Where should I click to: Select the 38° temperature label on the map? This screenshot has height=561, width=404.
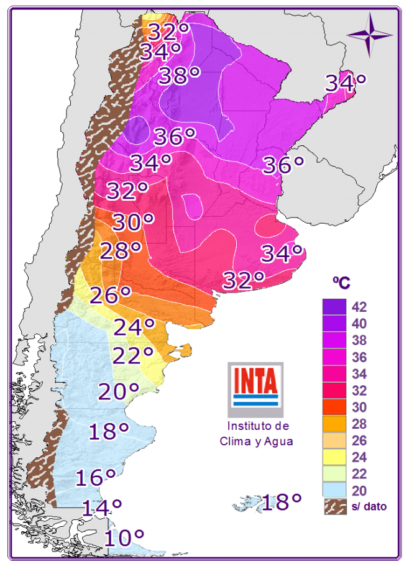179,76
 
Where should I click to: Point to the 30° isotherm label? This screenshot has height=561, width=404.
132,221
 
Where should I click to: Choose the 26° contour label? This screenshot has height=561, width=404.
110,295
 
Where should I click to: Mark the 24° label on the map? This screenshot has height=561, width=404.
134,326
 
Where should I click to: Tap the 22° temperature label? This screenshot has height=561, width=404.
132,355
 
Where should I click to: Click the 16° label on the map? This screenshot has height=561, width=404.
96,477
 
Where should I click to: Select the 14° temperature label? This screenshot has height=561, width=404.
101,508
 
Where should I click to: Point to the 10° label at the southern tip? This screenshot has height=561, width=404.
124,536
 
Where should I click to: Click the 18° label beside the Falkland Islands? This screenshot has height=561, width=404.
281,501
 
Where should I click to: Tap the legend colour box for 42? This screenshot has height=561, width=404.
334,307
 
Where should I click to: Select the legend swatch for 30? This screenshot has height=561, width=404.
334,408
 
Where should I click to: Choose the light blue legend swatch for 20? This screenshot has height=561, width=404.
334,491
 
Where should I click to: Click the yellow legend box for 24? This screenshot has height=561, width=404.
334,457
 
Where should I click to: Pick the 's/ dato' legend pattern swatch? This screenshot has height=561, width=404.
334,506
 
